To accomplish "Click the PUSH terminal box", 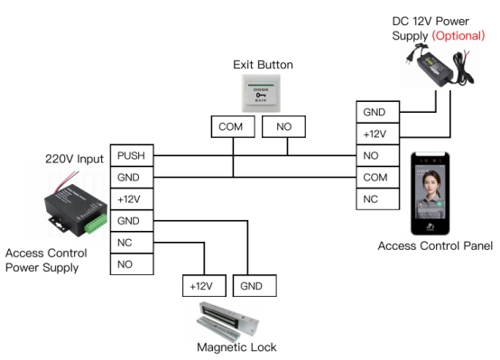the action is pos(132,155).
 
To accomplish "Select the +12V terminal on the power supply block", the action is pos(132,199).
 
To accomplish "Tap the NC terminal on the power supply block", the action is pos(132,243).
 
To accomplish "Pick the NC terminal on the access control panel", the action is pos(377,199).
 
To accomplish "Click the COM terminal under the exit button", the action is pos(233,126).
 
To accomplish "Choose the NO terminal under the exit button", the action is pos(283,126).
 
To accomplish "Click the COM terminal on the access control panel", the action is pos(377,177).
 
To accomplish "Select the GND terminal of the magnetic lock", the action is pos(255,286).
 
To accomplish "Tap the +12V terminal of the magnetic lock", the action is pos(204,286).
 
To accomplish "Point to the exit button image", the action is pos(261,93).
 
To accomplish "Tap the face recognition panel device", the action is pos(431,194).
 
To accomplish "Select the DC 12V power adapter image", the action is pos(440,66).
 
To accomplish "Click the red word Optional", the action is pos(458,35).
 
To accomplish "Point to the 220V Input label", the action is pos(74,159).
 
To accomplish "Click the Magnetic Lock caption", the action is pos(236,347).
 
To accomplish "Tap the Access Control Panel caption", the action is pos(435,245).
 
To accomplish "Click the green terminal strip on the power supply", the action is pos(96,224).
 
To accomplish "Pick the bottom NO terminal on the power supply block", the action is pos(132,264).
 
